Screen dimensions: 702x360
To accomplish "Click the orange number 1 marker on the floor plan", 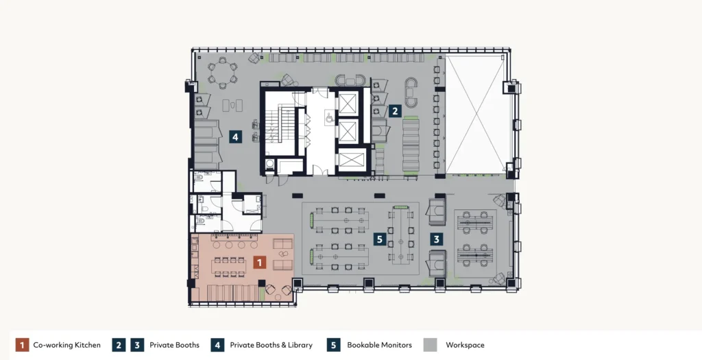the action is (x=260, y=263).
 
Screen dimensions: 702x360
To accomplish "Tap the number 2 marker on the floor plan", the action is (x=394, y=110).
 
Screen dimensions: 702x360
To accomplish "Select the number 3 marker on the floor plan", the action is (x=437, y=239).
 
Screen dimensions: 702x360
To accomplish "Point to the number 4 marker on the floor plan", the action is (x=236, y=136).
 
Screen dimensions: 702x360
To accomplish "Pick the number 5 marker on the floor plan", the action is (x=380, y=239).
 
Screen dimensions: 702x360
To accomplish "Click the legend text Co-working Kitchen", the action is (x=66, y=345).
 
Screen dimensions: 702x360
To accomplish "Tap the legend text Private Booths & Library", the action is (x=271, y=345).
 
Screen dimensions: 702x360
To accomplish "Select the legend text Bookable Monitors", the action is (x=379, y=345).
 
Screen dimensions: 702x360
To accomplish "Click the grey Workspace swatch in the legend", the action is (x=431, y=345).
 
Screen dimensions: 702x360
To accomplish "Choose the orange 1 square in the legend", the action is (x=22, y=345).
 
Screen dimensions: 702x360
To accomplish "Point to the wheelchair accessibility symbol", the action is (x=330, y=118).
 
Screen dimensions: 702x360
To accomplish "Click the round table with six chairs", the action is (x=223, y=73).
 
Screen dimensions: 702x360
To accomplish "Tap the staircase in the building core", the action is (x=280, y=123).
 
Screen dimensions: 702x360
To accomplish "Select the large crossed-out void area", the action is (x=476, y=115).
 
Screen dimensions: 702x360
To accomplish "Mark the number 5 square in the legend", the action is (x=334, y=345).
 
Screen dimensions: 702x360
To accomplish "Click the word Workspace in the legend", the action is (x=465, y=345).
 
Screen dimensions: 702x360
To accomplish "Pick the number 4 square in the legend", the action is (x=217, y=345).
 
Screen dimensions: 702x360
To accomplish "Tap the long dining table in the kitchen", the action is (x=228, y=267).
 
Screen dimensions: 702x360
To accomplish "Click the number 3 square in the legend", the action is (x=137, y=345).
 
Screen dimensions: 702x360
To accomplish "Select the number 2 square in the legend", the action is (x=119, y=345).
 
